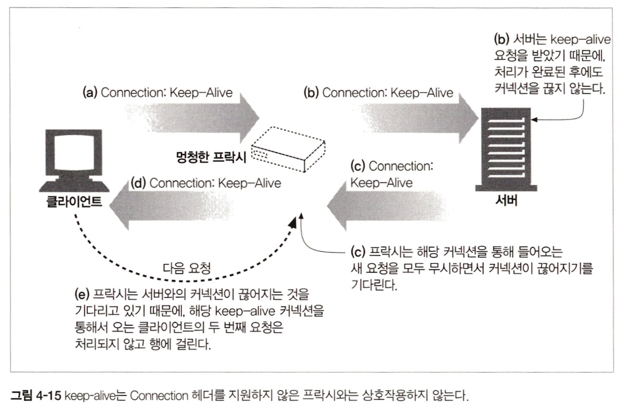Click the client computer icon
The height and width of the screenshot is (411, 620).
click(x=74, y=160)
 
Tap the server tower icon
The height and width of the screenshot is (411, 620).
click(x=506, y=149)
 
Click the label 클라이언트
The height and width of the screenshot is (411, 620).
click(x=74, y=201)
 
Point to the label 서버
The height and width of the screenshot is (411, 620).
click(x=506, y=201)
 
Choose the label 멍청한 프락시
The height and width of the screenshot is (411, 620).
click(x=211, y=156)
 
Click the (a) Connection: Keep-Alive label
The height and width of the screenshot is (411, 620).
click(x=158, y=93)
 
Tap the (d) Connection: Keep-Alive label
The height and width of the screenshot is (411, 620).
click(x=206, y=183)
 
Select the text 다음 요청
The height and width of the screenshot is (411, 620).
click(x=187, y=268)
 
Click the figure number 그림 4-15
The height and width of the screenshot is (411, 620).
click(x=36, y=395)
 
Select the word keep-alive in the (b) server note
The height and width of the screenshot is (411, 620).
click(x=580, y=40)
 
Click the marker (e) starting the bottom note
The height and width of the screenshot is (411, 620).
click(x=82, y=295)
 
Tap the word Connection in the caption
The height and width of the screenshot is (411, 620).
click(x=159, y=395)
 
